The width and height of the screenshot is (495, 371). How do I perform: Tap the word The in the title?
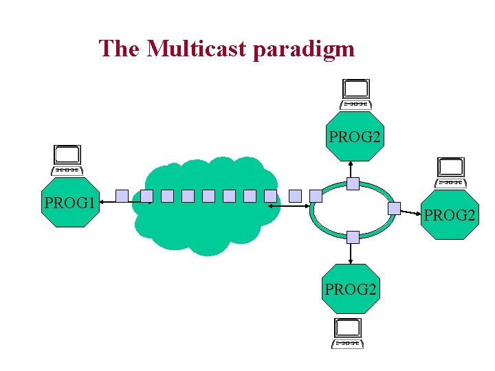(120, 49)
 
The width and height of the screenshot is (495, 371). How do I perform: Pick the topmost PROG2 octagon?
(354, 137)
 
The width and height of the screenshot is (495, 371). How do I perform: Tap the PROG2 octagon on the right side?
(450, 214)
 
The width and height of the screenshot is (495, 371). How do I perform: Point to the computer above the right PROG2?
(451, 172)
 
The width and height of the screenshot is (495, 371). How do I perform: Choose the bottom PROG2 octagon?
(351, 289)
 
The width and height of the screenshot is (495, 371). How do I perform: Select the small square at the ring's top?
(353, 183)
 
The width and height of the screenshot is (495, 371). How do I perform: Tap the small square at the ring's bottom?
(353, 237)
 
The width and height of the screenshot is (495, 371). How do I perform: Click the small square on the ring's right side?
(394, 208)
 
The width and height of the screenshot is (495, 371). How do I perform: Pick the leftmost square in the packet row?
(122, 196)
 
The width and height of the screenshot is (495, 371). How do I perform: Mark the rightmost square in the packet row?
(316, 196)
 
